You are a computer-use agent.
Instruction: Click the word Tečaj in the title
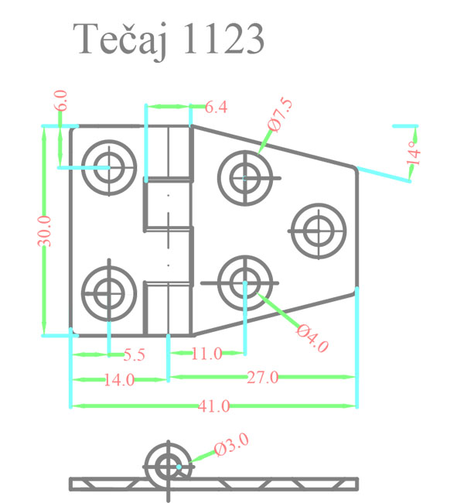pyautogui.click(x=120, y=40)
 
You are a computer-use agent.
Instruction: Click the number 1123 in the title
pyautogui.click(x=223, y=39)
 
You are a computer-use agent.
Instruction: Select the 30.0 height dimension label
pyautogui.click(x=44, y=231)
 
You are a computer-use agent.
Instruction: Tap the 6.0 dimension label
pyautogui.click(x=60, y=100)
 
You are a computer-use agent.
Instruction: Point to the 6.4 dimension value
pyautogui.click(x=216, y=107)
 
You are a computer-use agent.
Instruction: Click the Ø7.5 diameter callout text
pyautogui.click(x=280, y=115)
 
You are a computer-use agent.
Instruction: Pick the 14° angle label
pyautogui.click(x=413, y=152)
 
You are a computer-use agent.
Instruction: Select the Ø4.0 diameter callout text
pyautogui.click(x=312, y=338)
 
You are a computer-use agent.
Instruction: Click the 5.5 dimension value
pyautogui.click(x=135, y=354)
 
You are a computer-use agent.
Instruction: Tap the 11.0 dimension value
pyautogui.click(x=206, y=354)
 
